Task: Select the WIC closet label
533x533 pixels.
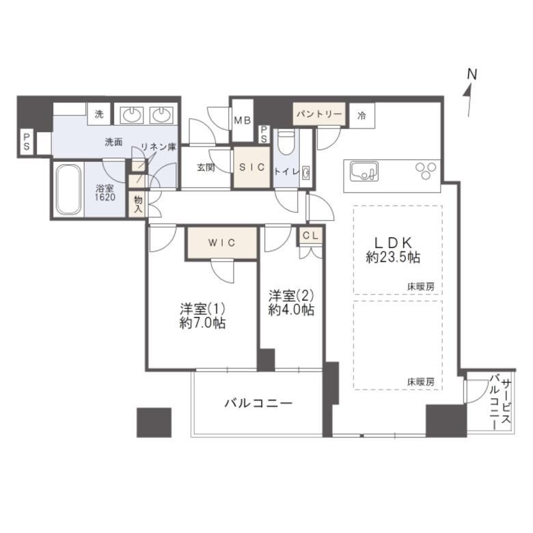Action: (221, 243)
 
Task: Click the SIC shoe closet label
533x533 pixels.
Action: (252, 167)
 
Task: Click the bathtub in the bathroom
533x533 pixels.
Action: (69, 190)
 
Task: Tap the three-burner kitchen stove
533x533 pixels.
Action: (425, 170)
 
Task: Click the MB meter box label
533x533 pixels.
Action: (243, 120)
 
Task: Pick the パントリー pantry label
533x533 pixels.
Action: (319, 114)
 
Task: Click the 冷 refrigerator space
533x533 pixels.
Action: (362, 115)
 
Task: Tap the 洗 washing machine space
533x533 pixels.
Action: (99, 114)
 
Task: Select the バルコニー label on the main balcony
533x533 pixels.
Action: (258, 403)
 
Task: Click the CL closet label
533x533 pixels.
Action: (310, 236)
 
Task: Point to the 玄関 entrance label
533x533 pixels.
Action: (206, 167)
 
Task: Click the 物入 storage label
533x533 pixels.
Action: (137, 204)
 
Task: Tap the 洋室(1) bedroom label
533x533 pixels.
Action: (202, 309)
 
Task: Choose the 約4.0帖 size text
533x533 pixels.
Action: (291, 310)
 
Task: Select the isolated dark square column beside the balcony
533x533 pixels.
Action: (154, 422)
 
